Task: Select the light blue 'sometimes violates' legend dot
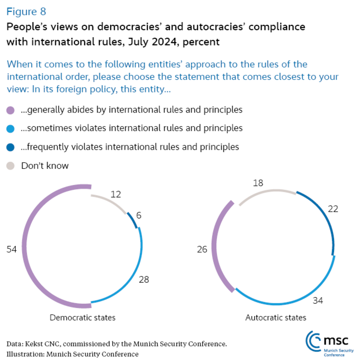(x=11, y=129)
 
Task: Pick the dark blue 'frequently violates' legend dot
(x=11, y=147)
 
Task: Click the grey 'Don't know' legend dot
(x=11, y=166)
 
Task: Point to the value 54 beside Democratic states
(x=12, y=250)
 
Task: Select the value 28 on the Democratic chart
(x=144, y=280)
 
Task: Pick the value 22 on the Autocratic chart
(x=334, y=209)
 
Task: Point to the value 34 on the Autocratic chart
(x=318, y=300)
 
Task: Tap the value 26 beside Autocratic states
(x=202, y=250)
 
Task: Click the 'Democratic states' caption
(x=83, y=318)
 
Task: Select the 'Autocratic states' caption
(x=276, y=318)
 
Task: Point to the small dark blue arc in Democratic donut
(x=132, y=220)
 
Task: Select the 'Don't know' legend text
(x=45, y=166)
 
